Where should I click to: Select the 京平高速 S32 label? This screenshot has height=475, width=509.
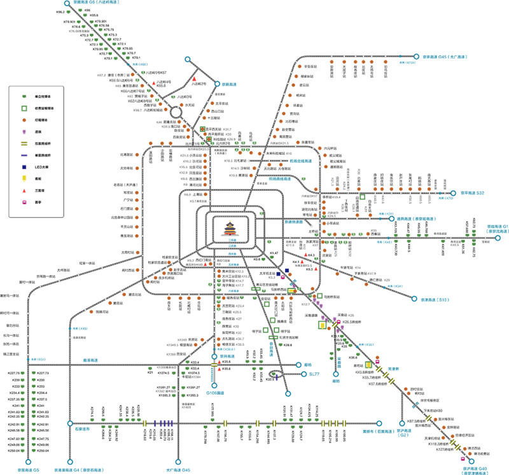[471, 193]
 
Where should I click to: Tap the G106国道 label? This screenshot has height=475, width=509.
[216, 393]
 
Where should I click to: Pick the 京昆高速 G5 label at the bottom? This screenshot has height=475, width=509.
[27, 469]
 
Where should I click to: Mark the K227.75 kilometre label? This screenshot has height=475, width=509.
[14, 373]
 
